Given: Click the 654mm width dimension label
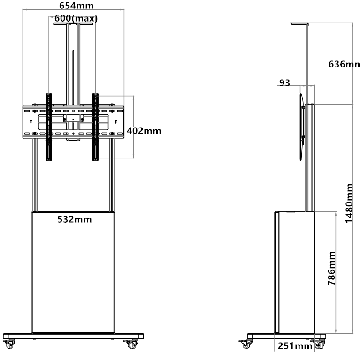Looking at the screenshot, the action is tap(77, 6).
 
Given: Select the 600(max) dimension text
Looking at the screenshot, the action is tap(76, 18).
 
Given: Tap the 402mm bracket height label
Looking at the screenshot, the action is tap(144, 131).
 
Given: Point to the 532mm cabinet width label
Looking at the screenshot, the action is tap(75, 219).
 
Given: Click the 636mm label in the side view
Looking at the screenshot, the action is tap(344, 64).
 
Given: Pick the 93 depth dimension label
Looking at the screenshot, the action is tap(284, 83).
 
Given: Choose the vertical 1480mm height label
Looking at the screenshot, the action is tap(349, 203).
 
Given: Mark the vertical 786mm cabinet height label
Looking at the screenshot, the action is tap(331, 269).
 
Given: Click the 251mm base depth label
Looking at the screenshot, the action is tap(295, 346).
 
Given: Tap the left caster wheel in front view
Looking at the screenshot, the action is tap(9, 344).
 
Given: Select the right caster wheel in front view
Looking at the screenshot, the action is tap(132, 344).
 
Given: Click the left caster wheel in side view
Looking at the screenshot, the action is tap(246, 344).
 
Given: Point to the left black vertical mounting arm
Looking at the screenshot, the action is tap(49, 127).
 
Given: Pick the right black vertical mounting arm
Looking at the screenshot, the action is tap(95, 127).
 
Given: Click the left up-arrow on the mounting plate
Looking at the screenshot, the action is tap(31, 122).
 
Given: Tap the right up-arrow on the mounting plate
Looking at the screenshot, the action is tap(115, 122).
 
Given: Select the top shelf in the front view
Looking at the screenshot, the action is tap(73, 23).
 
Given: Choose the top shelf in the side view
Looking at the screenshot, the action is tap(299, 23).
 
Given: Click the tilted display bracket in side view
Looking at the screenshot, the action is tap(302, 127).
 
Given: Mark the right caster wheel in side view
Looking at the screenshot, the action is tap(318, 344).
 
